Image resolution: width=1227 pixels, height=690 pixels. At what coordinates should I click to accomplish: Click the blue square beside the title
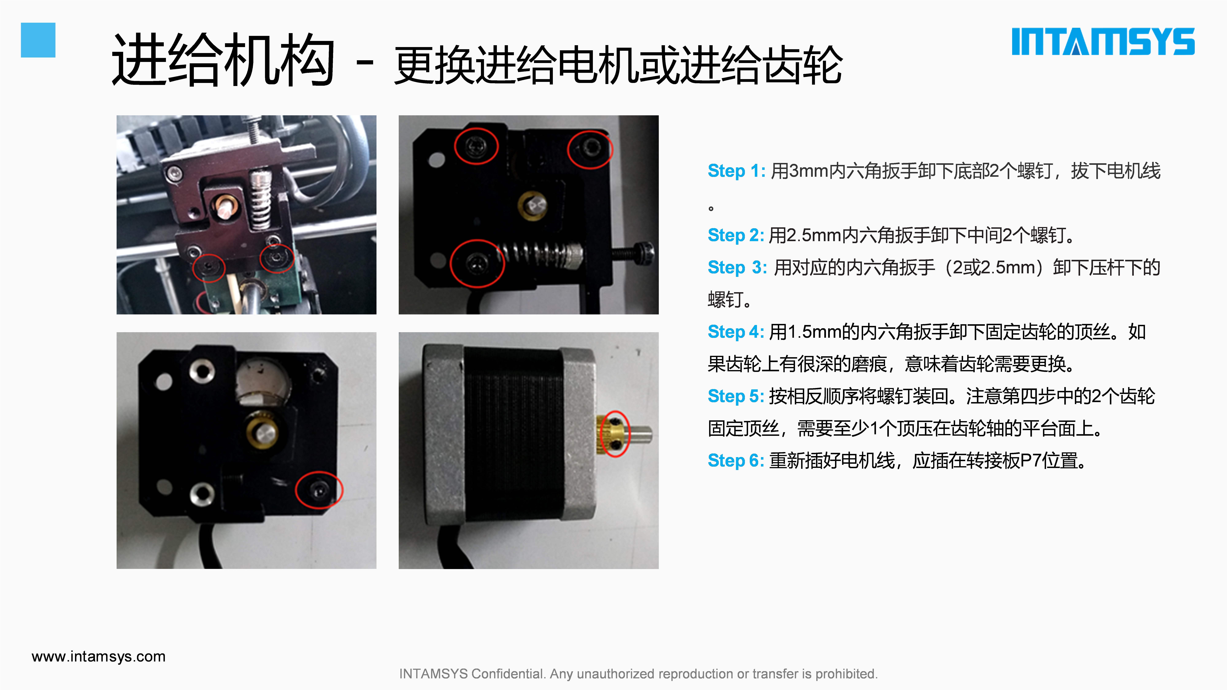[x=38, y=40]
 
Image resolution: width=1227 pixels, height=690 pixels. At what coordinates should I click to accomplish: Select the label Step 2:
[x=736, y=235]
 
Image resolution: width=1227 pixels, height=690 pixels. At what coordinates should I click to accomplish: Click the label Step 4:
[x=736, y=332]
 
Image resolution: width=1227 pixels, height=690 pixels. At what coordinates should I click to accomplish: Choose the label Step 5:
[x=736, y=396]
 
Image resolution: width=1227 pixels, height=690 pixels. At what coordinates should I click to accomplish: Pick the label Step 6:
[x=736, y=461]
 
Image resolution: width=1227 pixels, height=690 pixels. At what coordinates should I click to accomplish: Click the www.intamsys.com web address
[x=99, y=657]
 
